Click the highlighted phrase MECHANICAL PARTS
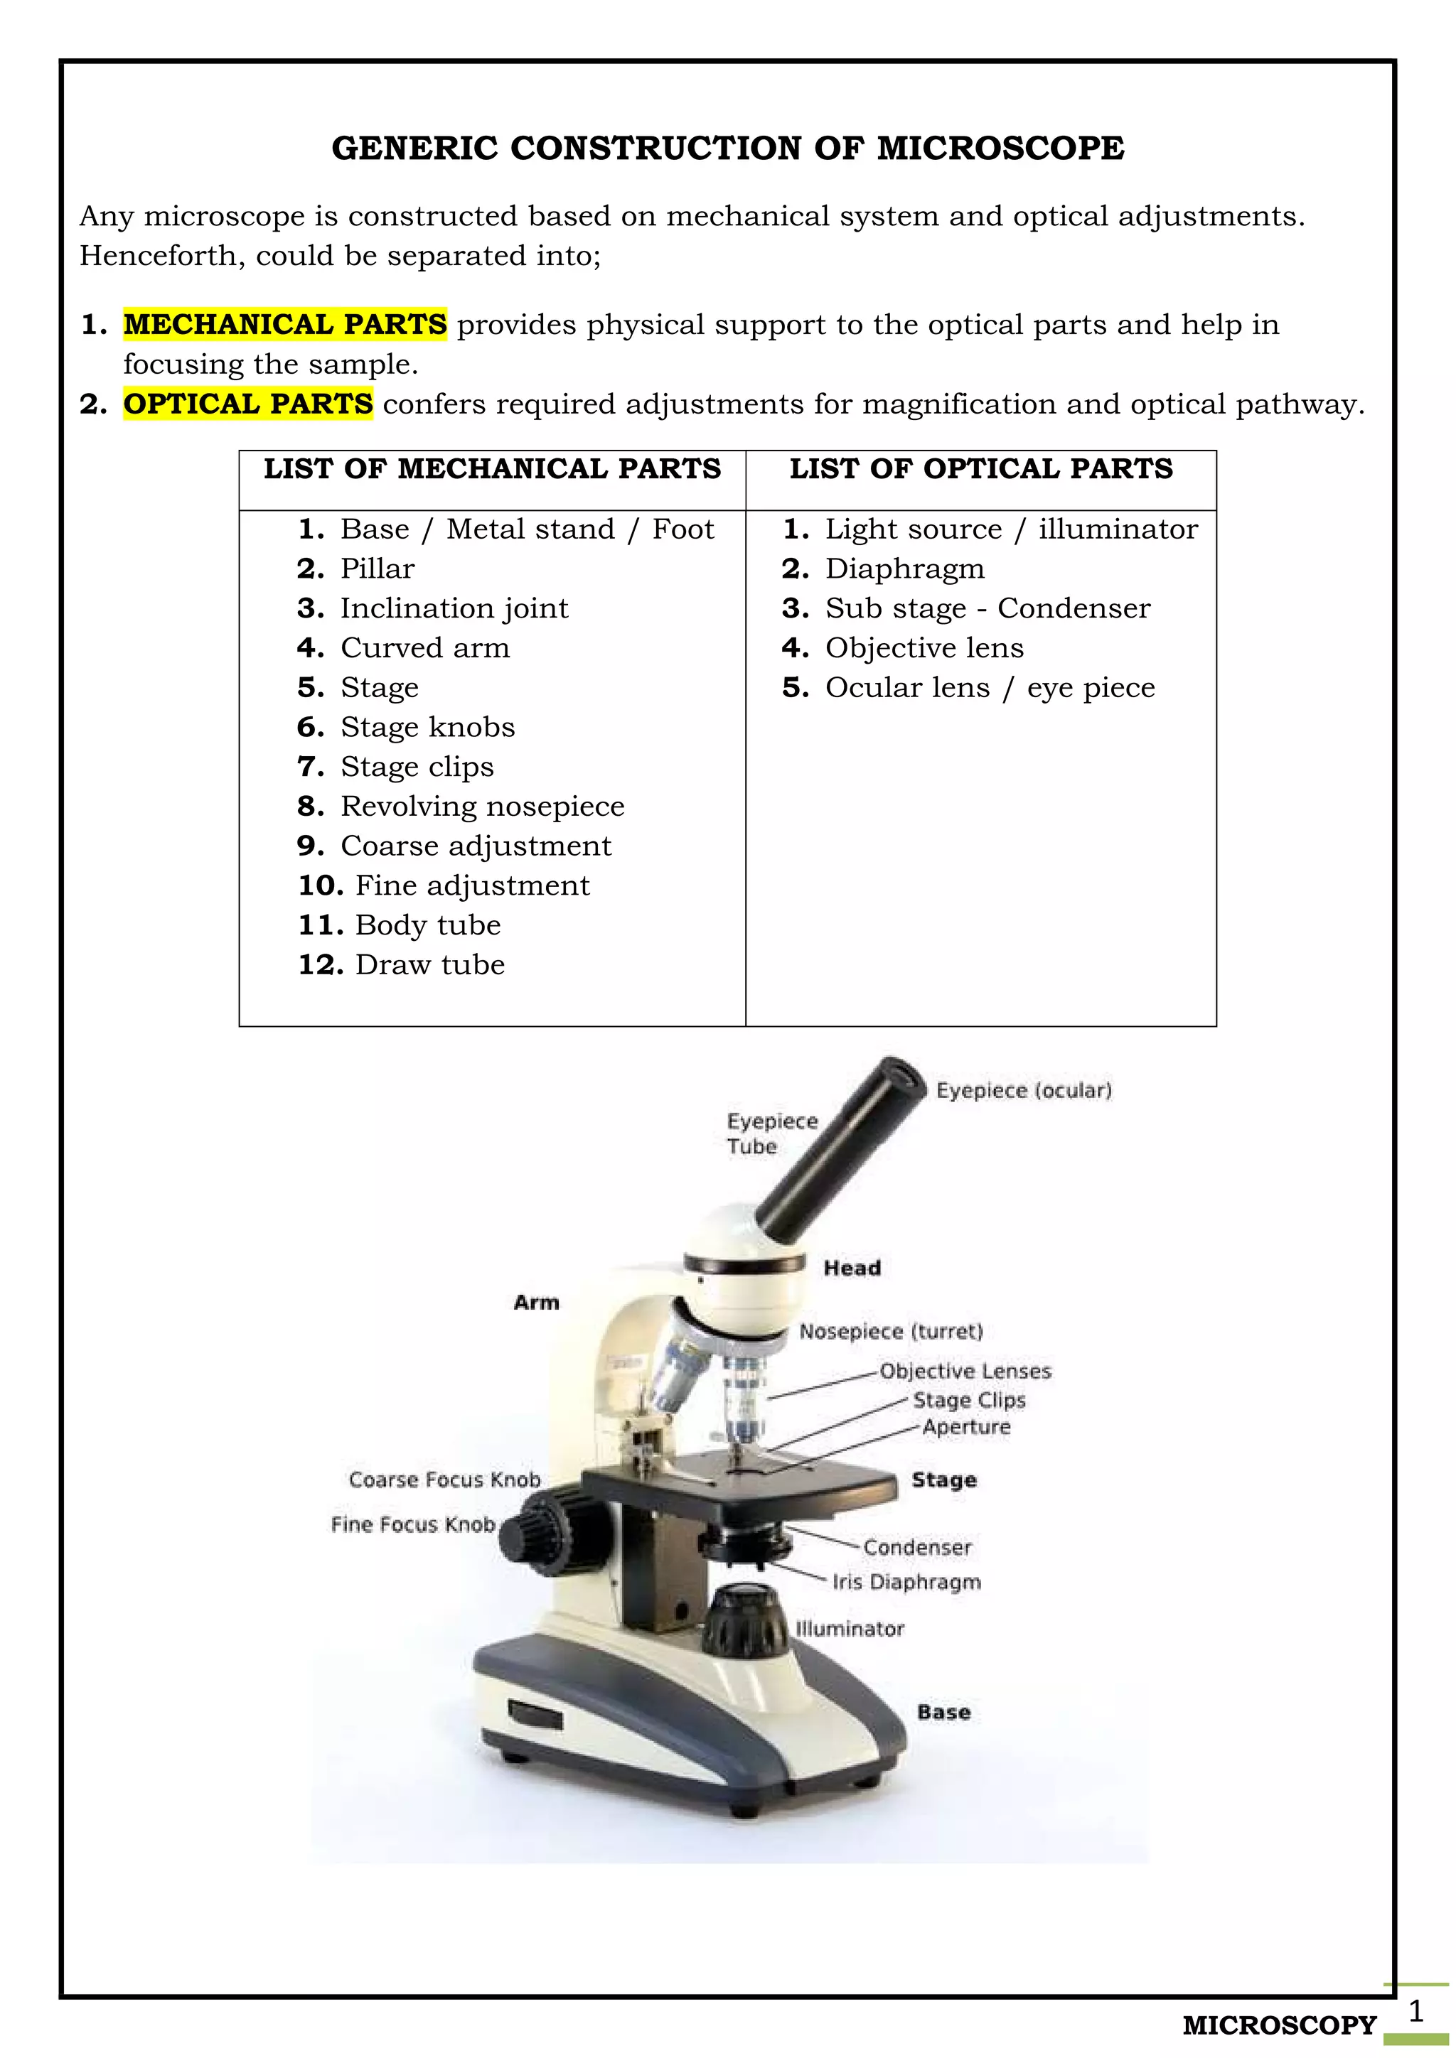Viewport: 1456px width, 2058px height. (x=285, y=325)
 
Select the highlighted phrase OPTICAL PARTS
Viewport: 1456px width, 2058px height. (x=248, y=404)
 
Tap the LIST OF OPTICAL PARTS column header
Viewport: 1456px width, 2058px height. (x=981, y=469)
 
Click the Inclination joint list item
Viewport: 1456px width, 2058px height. (x=454, y=608)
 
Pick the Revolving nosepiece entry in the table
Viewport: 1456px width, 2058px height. (x=481, y=807)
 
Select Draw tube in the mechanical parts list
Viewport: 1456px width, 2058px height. (x=429, y=965)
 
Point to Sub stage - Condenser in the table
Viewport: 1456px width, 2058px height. (x=987, y=608)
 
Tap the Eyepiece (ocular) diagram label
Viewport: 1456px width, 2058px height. (x=1023, y=1091)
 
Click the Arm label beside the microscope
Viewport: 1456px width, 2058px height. (x=536, y=1303)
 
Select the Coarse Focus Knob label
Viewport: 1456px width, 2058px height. (x=444, y=1480)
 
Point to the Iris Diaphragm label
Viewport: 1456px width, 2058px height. (x=906, y=1582)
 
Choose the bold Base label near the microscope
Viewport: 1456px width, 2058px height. (x=943, y=1712)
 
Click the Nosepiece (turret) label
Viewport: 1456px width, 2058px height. (x=890, y=1332)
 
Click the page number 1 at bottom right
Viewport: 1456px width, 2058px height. (x=1415, y=2011)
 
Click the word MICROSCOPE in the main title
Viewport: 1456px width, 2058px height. (x=1000, y=149)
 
